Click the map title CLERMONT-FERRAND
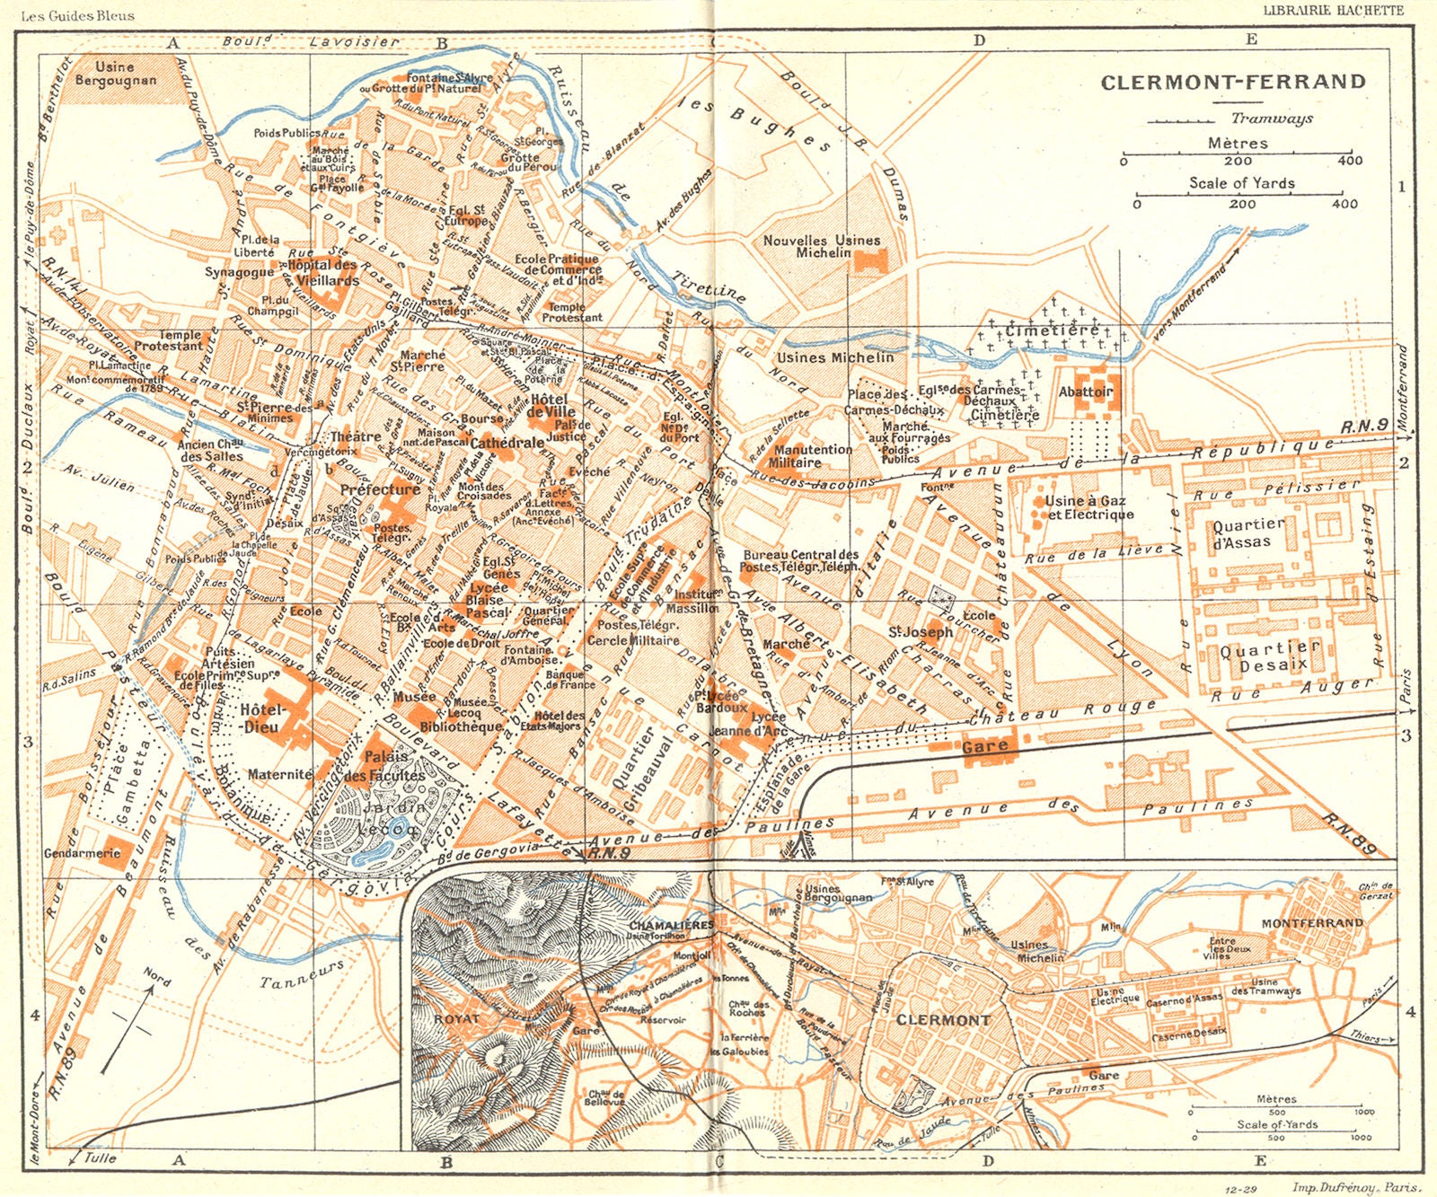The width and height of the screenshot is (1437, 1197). (x=1233, y=82)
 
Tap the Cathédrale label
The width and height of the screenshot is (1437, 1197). (x=507, y=443)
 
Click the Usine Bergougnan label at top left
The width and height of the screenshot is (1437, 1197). (x=115, y=74)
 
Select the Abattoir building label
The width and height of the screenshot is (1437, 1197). (x=1085, y=392)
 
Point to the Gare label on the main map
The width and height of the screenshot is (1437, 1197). (x=984, y=746)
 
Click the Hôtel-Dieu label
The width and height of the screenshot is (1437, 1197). (x=262, y=718)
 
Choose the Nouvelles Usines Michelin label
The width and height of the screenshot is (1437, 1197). (x=821, y=246)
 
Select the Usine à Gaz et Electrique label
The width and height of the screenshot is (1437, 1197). (x=1089, y=507)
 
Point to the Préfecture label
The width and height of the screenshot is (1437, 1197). (x=380, y=489)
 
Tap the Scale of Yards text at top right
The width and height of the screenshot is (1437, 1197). (x=1242, y=182)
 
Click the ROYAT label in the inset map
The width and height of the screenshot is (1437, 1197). (x=458, y=1018)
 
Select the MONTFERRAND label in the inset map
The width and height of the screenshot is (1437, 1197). (x=1312, y=922)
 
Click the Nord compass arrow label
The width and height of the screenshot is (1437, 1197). (x=156, y=977)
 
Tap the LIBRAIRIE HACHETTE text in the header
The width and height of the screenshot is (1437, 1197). (x=1333, y=11)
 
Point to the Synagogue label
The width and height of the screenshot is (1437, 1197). (x=239, y=272)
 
